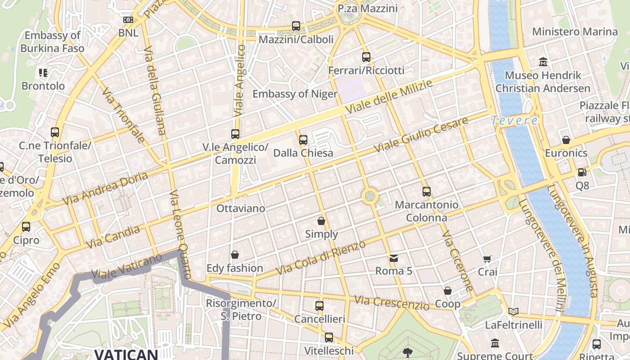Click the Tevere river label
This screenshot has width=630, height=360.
[x=514, y=121]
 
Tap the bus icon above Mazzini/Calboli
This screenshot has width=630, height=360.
[x=296, y=26]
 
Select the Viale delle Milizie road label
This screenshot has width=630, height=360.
[x=389, y=97]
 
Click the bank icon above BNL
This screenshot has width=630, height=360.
[x=128, y=20]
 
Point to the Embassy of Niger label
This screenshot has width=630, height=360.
[x=295, y=94]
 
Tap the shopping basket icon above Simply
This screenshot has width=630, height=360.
[x=321, y=221]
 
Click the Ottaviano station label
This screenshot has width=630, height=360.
[x=241, y=208]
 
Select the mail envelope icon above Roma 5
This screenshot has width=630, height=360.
[x=394, y=258]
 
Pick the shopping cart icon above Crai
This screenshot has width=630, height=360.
[x=487, y=259]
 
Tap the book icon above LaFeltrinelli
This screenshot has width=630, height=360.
[x=513, y=311]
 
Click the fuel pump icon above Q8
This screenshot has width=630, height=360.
[x=582, y=172]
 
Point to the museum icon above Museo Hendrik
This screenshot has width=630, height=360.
[x=543, y=62]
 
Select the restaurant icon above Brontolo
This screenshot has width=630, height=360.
[x=43, y=72]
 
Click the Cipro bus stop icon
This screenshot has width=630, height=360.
[x=26, y=227]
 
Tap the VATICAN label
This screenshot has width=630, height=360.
[x=126, y=354]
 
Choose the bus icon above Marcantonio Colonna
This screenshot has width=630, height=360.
[x=427, y=192]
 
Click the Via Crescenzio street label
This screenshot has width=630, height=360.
[x=391, y=303]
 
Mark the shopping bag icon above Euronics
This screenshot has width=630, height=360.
[x=566, y=140]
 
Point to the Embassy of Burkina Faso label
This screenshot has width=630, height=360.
[x=52, y=41]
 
